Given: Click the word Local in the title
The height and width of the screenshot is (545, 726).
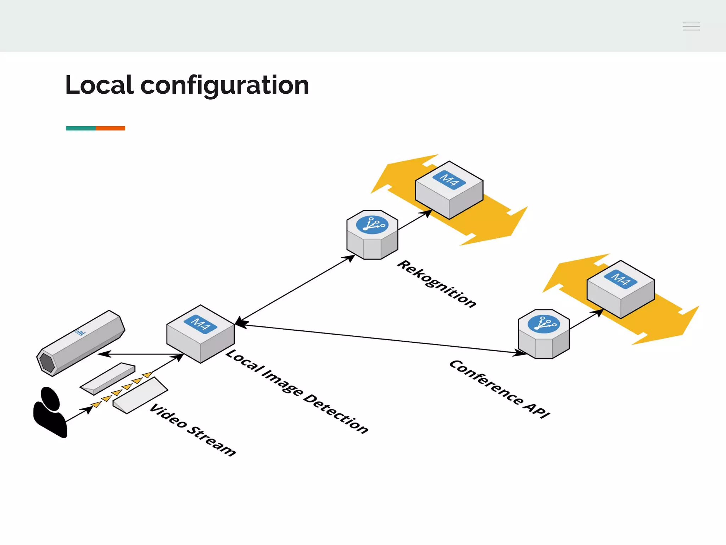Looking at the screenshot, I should (x=100, y=85).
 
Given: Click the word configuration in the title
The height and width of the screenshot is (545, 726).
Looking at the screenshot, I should (x=225, y=86).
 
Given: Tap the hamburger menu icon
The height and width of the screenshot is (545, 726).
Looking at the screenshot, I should (x=691, y=26).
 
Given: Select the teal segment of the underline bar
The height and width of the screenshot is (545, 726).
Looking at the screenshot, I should (x=80, y=128).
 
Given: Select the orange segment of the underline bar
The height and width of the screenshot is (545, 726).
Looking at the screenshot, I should (x=111, y=128).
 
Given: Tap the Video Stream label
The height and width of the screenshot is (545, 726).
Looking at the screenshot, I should (x=192, y=429).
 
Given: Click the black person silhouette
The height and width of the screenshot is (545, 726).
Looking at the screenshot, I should (x=50, y=412).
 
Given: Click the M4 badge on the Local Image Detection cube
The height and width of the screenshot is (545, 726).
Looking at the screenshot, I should (x=200, y=324).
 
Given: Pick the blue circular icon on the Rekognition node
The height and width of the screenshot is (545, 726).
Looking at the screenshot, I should (x=372, y=225).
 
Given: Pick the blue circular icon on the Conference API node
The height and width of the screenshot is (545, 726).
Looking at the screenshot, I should (x=543, y=324).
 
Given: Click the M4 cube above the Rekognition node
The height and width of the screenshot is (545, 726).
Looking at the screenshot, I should (x=449, y=190).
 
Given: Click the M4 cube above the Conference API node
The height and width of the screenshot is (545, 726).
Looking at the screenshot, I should (x=620, y=289).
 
